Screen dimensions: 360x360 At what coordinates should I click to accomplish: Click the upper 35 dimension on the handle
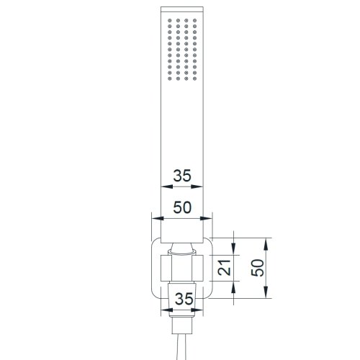coord(182,176)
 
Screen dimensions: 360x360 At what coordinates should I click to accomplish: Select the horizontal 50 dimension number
coord(182,207)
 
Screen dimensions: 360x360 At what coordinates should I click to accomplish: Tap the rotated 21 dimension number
coord(224,267)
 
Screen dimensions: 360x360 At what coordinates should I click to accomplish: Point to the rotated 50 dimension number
coord(257,268)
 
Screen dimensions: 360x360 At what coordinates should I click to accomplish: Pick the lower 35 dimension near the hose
coord(184,299)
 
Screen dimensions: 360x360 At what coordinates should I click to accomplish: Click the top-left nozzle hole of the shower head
coord(170,20)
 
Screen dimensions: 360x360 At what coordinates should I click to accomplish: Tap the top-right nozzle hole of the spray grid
coord(194,20)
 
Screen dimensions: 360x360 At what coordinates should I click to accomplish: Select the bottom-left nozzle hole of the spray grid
coord(170,78)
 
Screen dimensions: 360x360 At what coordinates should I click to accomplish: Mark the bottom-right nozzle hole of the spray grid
coord(194,78)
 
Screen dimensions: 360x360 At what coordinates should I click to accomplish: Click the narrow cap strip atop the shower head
coord(182,9)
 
